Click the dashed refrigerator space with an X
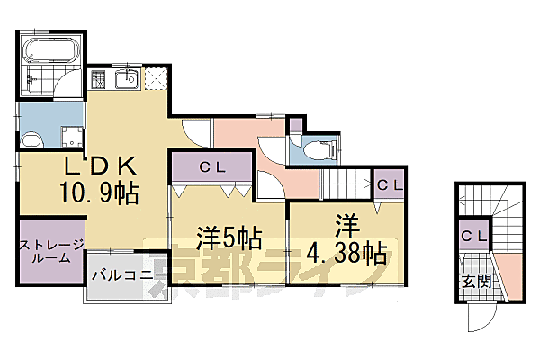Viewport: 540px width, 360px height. (x=156, y=79)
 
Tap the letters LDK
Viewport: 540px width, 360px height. (x=99, y=166)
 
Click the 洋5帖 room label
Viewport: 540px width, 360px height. (x=229, y=238)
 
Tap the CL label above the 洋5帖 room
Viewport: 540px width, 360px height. (x=211, y=166)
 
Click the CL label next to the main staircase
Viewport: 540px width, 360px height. (x=390, y=185)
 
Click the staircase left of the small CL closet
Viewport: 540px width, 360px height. (x=347, y=184)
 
